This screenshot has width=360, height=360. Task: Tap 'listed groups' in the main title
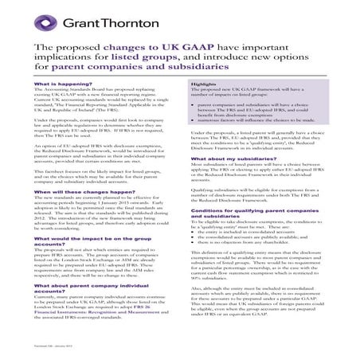[136, 59]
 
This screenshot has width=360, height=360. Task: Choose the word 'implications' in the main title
[64, 59]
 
